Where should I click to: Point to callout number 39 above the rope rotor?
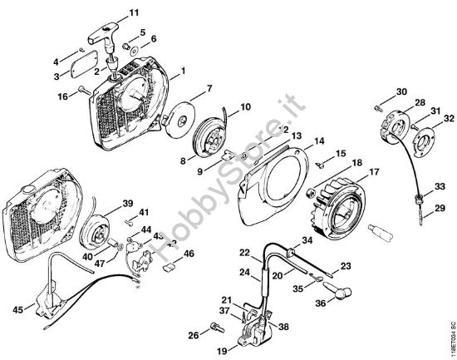127,204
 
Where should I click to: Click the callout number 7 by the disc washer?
209,88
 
